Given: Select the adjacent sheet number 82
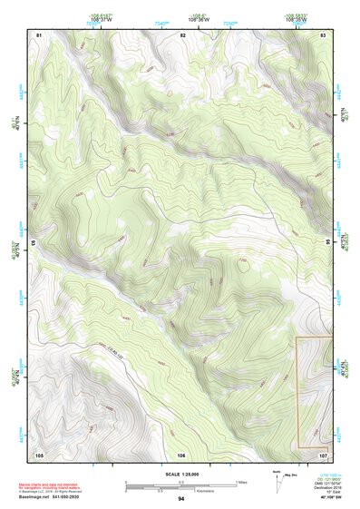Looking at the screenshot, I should coord(182,34).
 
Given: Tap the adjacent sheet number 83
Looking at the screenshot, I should coord(324,34).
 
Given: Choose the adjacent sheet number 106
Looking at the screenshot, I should coord(181,455).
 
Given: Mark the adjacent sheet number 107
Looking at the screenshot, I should coord(323,455).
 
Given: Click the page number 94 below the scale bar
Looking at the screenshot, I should coord(181,499).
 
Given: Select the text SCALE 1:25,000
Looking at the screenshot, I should coord(181,474).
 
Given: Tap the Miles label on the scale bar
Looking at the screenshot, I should coord(241,481).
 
